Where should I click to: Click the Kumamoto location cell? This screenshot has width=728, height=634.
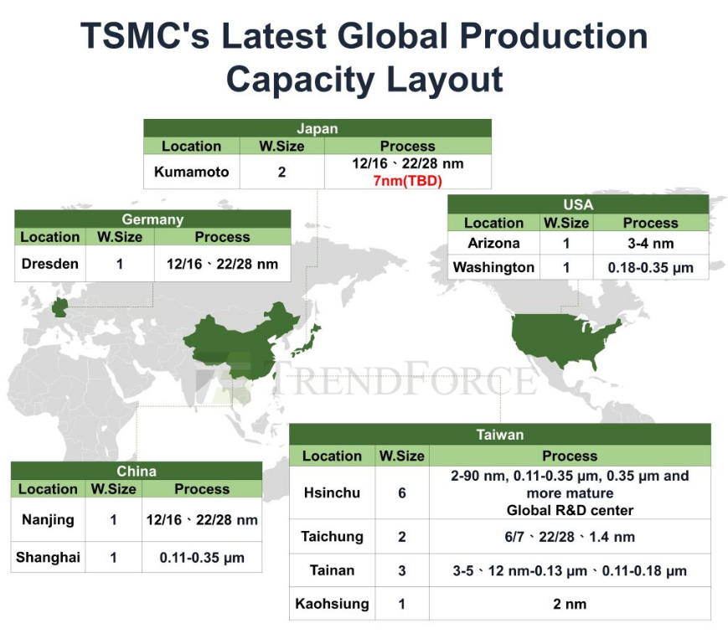191,173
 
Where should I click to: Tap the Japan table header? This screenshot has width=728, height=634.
317,128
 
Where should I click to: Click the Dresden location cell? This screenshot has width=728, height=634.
49,263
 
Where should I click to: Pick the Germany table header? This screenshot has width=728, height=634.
152,219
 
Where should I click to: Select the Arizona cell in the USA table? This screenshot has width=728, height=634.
493,243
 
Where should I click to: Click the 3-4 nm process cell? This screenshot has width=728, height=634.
650,243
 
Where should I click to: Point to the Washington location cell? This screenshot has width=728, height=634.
493,267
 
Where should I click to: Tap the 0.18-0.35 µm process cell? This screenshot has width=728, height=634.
650,267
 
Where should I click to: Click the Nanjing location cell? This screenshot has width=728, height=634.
48,520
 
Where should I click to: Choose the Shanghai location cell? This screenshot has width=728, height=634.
48,557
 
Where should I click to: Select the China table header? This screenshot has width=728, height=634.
136,471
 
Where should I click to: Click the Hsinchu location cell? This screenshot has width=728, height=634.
332,492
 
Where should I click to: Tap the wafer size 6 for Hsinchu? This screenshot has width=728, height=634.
402,492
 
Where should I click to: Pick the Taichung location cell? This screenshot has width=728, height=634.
332,537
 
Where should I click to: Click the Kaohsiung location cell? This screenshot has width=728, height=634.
332,603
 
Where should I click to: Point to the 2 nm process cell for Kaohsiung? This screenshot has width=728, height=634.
569,603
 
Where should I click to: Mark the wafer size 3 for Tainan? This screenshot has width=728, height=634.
402,571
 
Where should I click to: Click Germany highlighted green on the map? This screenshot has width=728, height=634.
60,307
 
